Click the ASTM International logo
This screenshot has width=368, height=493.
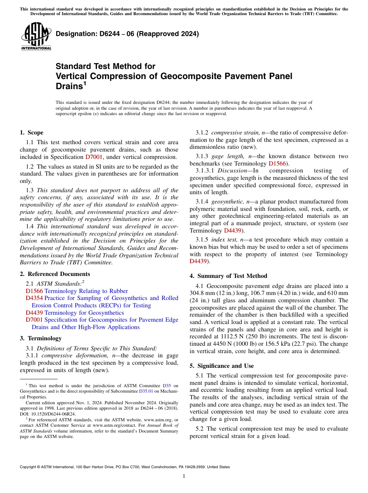tap(36, 36)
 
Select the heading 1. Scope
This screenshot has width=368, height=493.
tap(31, 133)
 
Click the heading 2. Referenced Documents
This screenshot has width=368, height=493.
tap(55, 274)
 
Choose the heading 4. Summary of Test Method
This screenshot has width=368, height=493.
tap(228, 276)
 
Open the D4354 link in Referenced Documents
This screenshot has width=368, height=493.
tap(34, 298)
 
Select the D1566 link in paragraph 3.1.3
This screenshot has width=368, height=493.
tap(277, 163)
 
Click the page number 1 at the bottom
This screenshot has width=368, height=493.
tap(184, 476)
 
